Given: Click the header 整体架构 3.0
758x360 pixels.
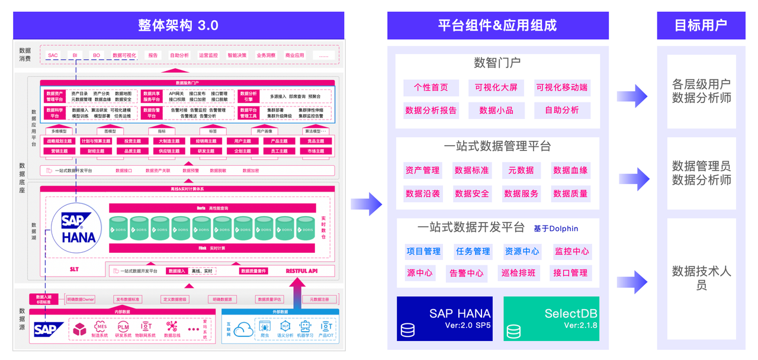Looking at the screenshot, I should pyautogui.click(x=178, y=25).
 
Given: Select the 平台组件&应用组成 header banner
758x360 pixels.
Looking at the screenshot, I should pyautogui.click(x=497, y=25).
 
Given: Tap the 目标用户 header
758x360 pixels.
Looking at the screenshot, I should pyautogui.click(x=701, y=25).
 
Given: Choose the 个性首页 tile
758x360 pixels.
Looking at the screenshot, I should pyautogui.click(x=431, y=88).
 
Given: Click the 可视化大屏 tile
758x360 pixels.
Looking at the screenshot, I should pyautogui.click(x=496, y=88).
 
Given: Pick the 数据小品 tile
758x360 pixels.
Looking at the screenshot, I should pyautogui.click(x=496, y=110).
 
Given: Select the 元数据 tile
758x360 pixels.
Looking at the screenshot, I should pyautogui.click(x=521, y=171).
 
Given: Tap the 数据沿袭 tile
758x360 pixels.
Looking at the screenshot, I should pyautogui.click(x=422, y=194).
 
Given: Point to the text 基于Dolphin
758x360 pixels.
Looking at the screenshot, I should pyautogui.click(x=555, y=229).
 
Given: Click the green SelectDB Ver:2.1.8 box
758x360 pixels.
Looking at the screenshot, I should pyautogui.click(x=551, y=319).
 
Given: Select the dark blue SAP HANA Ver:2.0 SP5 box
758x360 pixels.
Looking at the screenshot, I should pyautogui.click(x=444, y=319).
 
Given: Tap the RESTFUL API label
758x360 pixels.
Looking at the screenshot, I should pyautogui.click(x=301, y=271).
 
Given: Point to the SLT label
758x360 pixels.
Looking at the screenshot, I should pyautogui.click(x=74, y=269).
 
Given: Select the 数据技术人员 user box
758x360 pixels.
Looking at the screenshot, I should pyautogui.click(x=701, y=278).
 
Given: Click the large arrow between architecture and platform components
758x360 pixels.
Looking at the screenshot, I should pyautogui.click(x=367, y=204).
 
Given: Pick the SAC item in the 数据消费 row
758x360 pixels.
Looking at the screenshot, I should pyautogui.click(x=53, y=56).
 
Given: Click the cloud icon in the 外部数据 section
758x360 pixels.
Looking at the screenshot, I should pyautogui.click(x=243, y=329).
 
